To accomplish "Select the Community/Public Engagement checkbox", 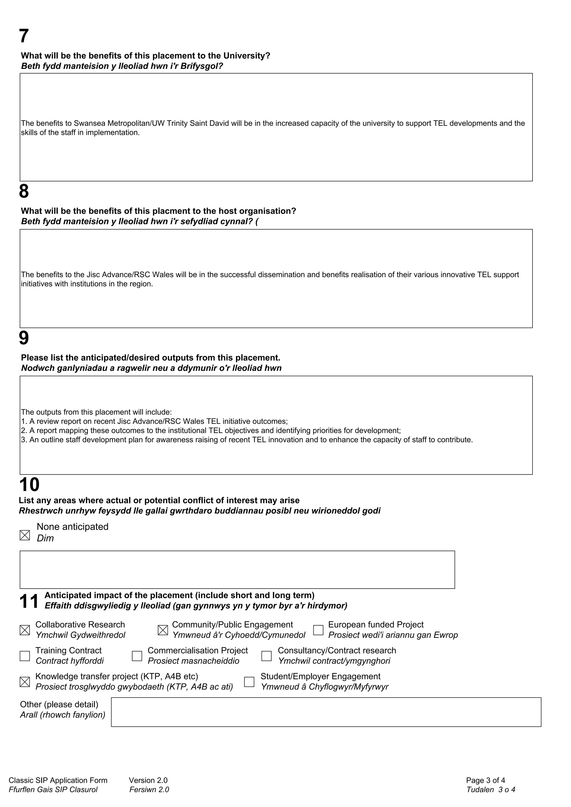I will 163,630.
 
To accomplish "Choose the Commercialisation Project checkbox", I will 137,656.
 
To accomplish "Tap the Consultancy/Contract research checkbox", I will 267,656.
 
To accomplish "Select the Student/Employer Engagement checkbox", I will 249,682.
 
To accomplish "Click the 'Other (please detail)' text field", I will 326,712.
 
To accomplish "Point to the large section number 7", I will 24,36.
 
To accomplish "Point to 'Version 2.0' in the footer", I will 148,780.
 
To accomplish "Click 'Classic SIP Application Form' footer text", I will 58,780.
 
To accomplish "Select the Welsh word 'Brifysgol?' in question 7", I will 202,66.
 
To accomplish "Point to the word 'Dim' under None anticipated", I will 45,538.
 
